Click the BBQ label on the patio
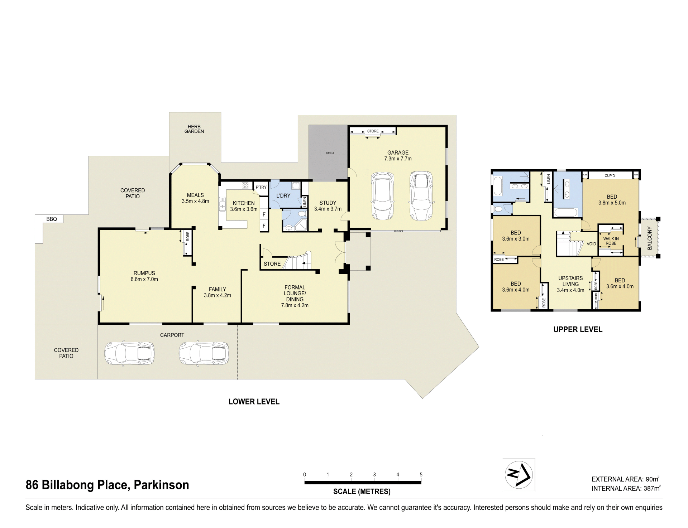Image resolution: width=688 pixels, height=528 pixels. click(x=52, y=219)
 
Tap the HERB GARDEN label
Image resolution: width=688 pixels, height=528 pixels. click(x=194, y=129)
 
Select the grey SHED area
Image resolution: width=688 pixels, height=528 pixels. click(x=328, y=152)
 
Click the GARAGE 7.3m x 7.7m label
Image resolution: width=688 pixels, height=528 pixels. click(x=398, y=155)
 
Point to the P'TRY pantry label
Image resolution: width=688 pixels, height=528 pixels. click(x=261, y=187)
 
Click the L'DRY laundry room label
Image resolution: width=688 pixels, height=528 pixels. click(x=283, y=195)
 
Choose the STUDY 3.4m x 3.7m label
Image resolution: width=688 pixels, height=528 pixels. click(x=328, y=206)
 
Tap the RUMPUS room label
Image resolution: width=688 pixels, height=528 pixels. click(x=144, y=276)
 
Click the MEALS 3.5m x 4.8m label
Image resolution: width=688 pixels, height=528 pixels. click(x=195, y=198)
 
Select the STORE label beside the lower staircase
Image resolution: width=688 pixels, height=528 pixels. click(x=272, y=264)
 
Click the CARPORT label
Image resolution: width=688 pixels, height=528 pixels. click(x=172, y=335)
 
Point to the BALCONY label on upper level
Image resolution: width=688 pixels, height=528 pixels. click(x=650, y=238)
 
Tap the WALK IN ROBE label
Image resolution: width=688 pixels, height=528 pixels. click(x=611, y=241)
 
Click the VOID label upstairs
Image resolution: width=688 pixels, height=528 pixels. click(x=591, y=244)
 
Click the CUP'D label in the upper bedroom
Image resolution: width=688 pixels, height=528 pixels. click(x=610, y=176)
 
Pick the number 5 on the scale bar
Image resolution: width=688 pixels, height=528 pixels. click(x=421, y=475)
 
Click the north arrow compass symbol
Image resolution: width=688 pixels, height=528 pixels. click(x=519, y=475)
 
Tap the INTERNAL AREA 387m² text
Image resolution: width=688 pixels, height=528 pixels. click(x=626, y=488)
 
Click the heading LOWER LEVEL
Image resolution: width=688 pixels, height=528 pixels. click(x=254, y=402)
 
